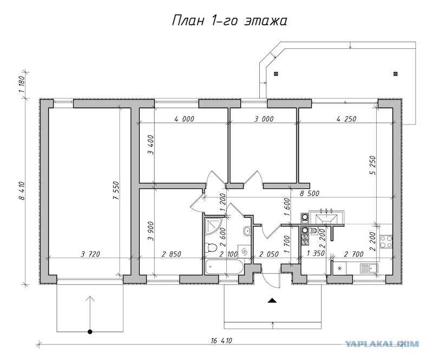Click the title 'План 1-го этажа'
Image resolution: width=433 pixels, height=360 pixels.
(x=229, y=21)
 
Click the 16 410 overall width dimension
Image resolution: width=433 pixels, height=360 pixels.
(x=220, y=341)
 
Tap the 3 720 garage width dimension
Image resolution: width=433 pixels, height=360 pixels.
(x=90, y=254)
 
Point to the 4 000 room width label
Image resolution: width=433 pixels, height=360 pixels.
(x=184, y=119)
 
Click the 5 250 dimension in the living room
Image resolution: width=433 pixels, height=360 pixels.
(x=372, y=165)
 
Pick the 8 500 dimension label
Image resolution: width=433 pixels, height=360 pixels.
(x=310, y=193)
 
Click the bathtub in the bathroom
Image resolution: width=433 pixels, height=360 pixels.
(x=224, y=267)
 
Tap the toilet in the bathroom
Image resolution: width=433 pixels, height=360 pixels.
(x=211, y=247)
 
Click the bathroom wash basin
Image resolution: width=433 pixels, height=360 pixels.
(x=247, y=231)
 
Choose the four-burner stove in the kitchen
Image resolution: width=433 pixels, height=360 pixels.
(x=386, y=241)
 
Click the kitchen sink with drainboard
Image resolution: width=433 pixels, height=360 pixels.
(x=369, y=269)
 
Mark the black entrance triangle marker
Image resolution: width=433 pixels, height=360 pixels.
(x=273, y=300)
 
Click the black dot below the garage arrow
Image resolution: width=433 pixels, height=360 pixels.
(x=90, y=331)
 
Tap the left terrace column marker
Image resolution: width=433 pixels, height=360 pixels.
(x=275, y=74)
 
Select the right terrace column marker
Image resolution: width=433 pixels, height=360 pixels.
(x=396, y=74)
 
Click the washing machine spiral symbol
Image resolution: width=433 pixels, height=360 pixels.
(x=245, y=251)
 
